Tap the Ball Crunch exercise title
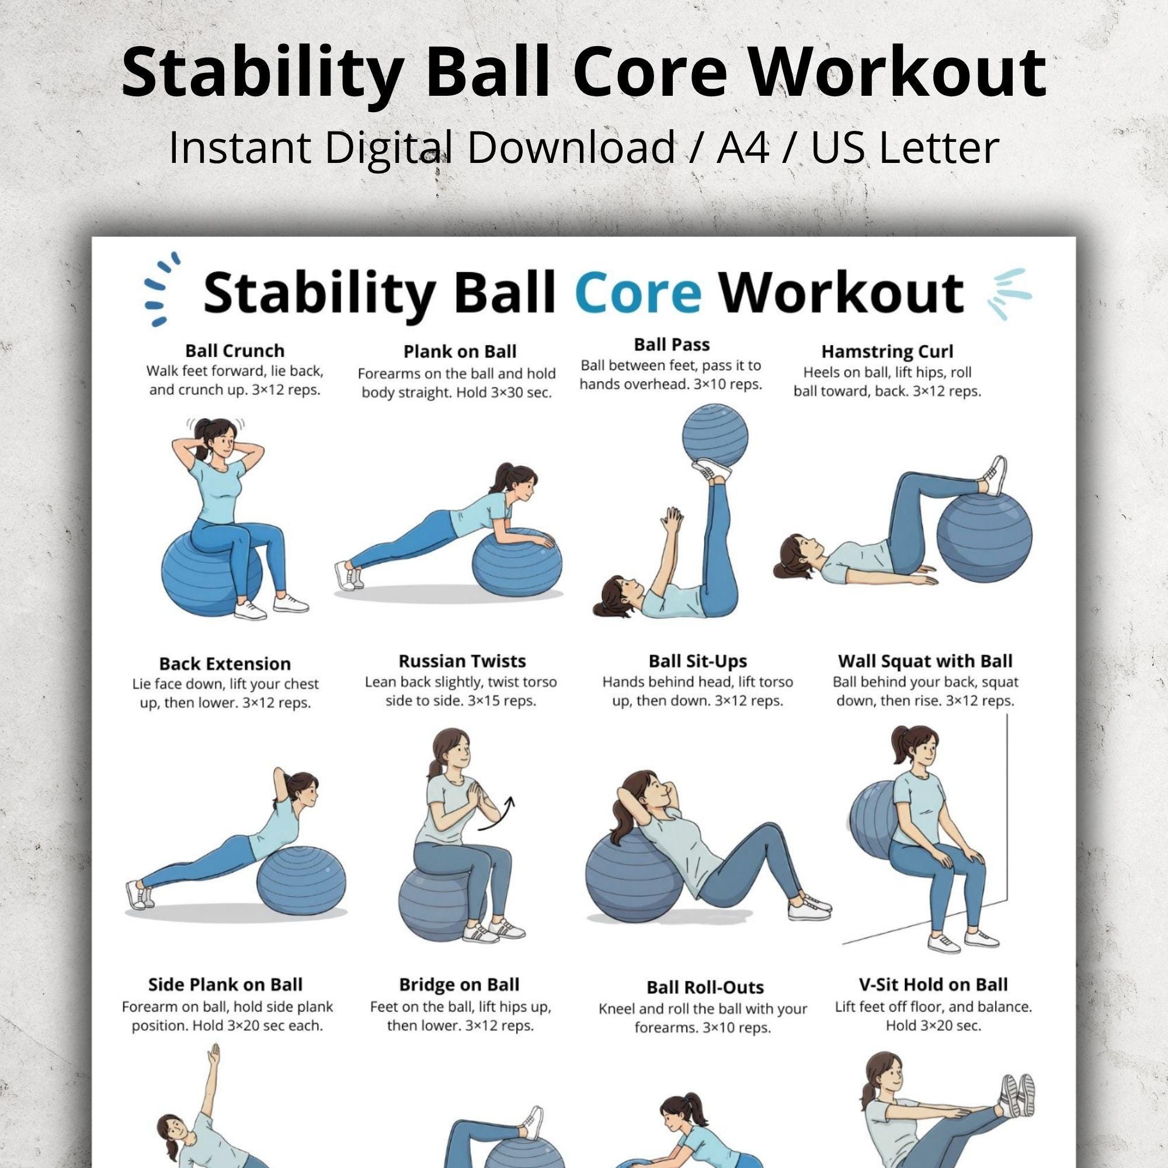point(235,350)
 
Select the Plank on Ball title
point(460,351)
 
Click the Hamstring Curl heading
point(887,351)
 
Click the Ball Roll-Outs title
point(705,987)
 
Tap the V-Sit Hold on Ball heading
point(933,985)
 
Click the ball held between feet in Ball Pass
point(715,437)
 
